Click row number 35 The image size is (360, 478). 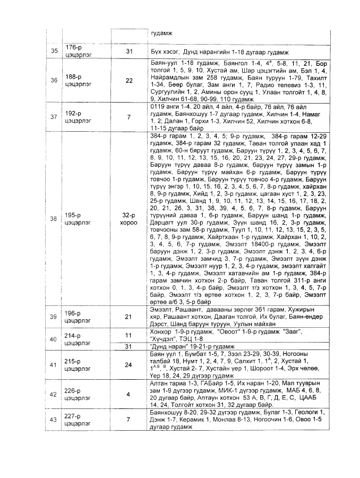pyautogui.click(x=54, y=52)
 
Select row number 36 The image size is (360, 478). pyautogui.click(x=54, y=81)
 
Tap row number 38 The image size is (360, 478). pyautogui.click(x=53, y=219)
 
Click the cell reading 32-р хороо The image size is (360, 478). pyautogui.click(x=129, y=219)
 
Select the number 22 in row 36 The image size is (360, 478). pyautogui.click(x=129, y=81)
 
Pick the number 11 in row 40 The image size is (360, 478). pyautogui.click(x=128, y=336)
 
